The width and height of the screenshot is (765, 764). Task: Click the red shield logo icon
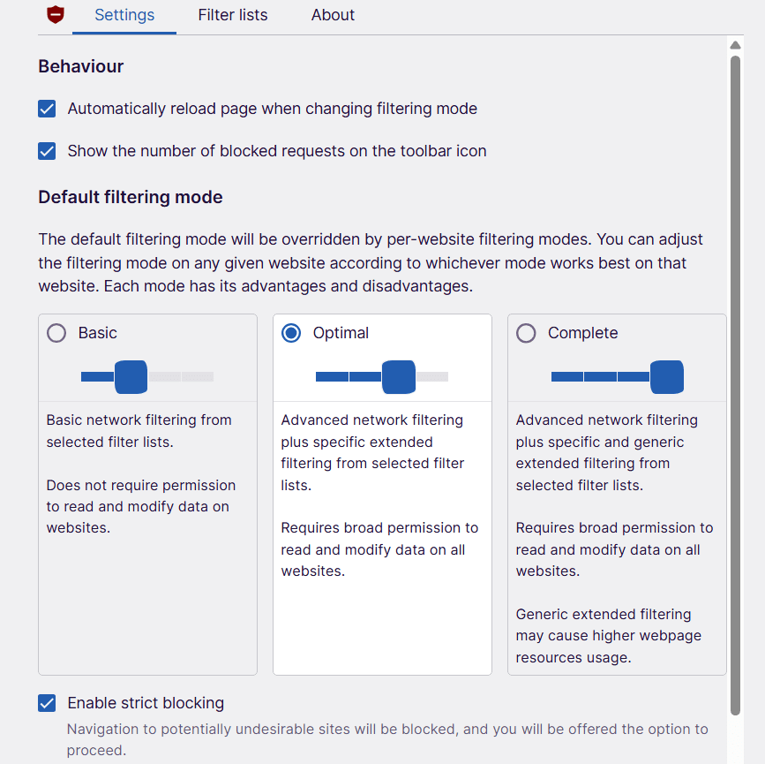[56, 15]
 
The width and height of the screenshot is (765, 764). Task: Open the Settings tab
[124, 15]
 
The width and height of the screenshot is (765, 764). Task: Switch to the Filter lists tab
[233, 15]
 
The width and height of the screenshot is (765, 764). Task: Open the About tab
[333, 15]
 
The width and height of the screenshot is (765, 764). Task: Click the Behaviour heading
[81, 66]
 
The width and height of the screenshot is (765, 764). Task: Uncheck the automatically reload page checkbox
[47, 109]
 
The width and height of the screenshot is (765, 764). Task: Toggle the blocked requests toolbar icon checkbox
[47, 151]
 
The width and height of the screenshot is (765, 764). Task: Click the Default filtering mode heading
[131, 197]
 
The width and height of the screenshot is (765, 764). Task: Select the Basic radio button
[56, 333]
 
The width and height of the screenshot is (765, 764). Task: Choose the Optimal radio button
[291, 333]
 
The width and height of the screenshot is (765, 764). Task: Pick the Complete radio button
[526, 333]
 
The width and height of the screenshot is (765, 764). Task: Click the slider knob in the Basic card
[131, 377]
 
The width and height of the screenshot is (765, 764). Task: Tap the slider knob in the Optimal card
[399, 377]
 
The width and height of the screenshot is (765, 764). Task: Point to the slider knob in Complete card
[667, 377]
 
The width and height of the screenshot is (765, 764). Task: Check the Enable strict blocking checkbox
[47, 703]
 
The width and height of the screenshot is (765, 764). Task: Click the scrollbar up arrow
[736, 45]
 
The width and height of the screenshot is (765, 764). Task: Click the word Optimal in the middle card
[341, 333]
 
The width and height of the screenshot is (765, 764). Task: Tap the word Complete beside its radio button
[582, 333]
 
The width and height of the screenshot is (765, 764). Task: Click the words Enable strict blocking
[146, 703]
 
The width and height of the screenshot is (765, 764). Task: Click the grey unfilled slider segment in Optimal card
[432, 377]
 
